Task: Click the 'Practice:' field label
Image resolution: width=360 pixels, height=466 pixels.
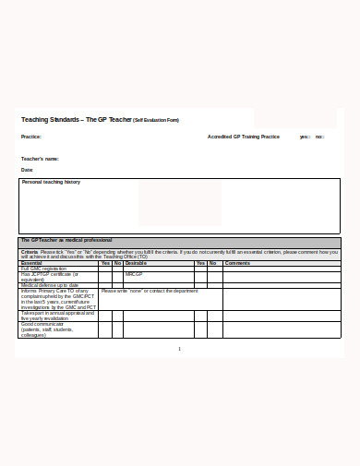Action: click(x=31, y=137)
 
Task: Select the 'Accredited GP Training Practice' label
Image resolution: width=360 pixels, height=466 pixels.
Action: click(x=244, y=137)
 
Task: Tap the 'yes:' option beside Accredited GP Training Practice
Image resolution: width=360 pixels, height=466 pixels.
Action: click(x=305, y=137)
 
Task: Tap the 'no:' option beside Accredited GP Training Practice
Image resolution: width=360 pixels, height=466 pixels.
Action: click(x=319, y=137)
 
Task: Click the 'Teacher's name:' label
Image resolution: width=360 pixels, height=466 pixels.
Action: click(x=40, y=159)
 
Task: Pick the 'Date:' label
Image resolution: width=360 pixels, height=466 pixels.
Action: click(x=27, y=170)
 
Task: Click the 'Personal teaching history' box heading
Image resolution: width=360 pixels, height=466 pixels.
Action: click(x=52, y=183)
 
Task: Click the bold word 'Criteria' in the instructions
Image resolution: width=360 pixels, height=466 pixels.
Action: click(x=30, y=251)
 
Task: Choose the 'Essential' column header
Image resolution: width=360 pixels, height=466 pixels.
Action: click(x=31, y=263)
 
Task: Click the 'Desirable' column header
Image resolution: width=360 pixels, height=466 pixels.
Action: click(x=136, y=263)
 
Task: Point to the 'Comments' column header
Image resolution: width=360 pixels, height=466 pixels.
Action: click(x=238, y=263)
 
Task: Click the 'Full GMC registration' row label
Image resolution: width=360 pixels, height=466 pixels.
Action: click(x=44, y=269)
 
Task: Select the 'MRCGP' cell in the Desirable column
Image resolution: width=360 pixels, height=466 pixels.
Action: click(x=134, y=274)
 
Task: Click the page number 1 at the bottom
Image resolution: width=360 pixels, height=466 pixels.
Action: click(x=180, y=349)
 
